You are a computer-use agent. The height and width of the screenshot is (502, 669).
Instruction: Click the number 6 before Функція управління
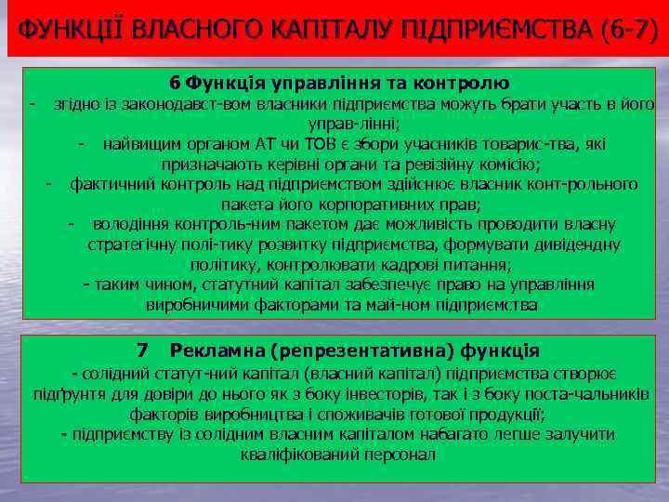click(177, 83)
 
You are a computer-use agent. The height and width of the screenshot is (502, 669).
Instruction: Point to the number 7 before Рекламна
click(142, 350)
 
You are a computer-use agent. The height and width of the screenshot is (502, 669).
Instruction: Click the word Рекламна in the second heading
click(217, 350)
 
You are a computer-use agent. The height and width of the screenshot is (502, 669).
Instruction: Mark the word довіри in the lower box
click(151, 394)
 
